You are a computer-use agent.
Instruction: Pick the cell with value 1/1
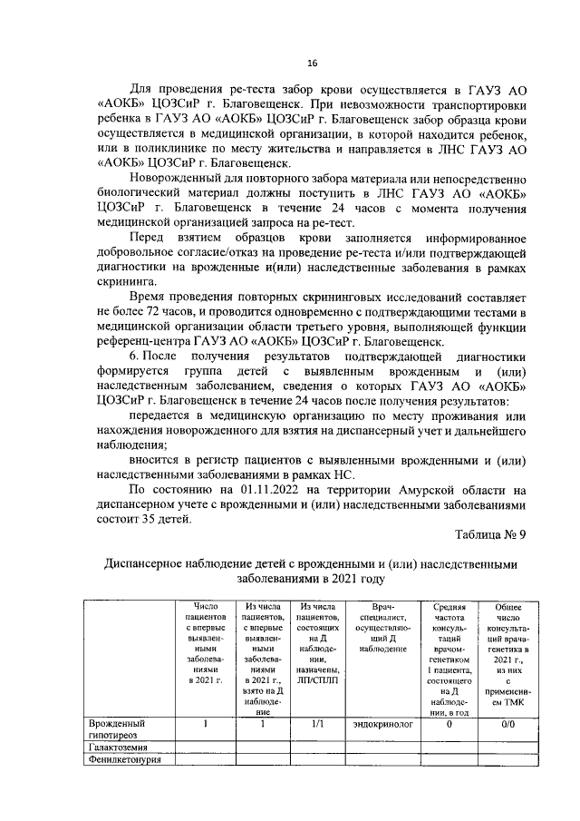click(x=318, y=724)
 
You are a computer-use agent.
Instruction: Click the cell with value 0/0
click(x=507, y=724)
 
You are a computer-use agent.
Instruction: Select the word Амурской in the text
click(x=428, y=491)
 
